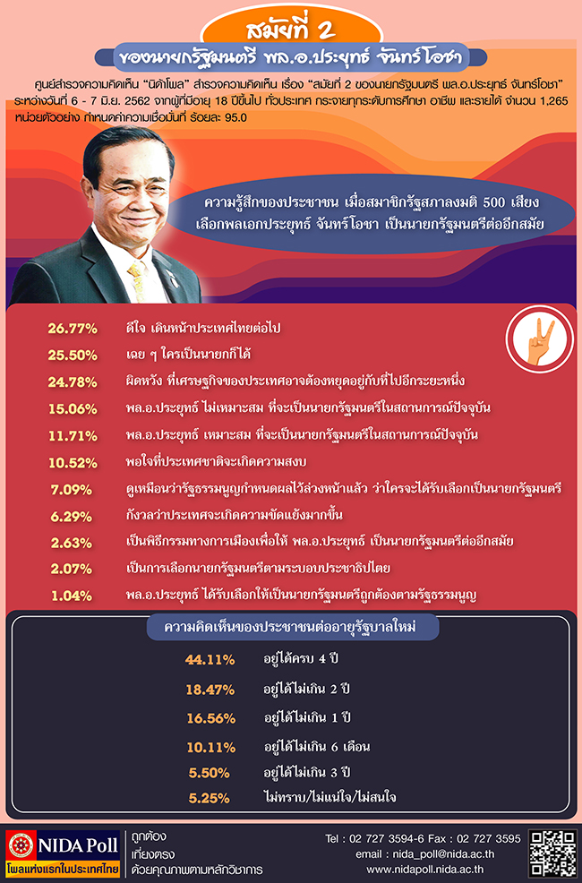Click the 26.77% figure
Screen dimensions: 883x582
(73, 329)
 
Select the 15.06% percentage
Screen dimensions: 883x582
(73, 408)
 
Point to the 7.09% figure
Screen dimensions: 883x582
(73, 490)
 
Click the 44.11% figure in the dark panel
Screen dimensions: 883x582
(210, 660)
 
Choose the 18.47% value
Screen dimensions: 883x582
(210, 689)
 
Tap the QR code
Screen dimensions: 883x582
(552, 853)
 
